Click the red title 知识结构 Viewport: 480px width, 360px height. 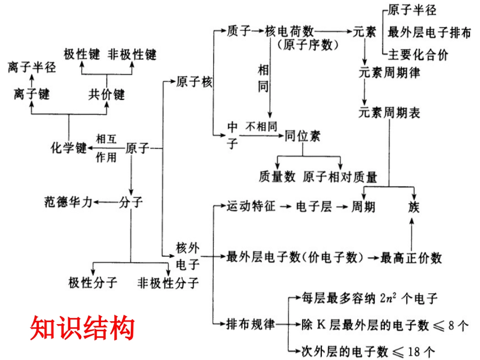coord(82,328)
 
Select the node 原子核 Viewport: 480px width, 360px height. coord(195,82)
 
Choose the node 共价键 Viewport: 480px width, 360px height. coord(106,94)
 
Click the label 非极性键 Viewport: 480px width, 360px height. coord(132,55)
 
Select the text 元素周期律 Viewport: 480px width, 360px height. coord(390,72)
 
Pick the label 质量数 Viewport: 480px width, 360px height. coord(277,177)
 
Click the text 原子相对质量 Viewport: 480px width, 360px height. coord(340,177)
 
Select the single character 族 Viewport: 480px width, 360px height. coord(414,207)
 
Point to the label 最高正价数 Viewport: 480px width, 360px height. coord(411,258)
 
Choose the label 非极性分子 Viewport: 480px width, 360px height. coord(168,282)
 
